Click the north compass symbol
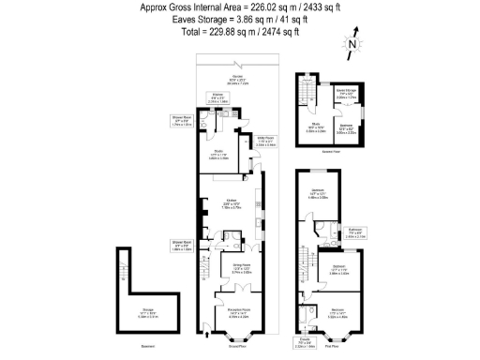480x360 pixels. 350,43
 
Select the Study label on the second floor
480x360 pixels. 317,129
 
